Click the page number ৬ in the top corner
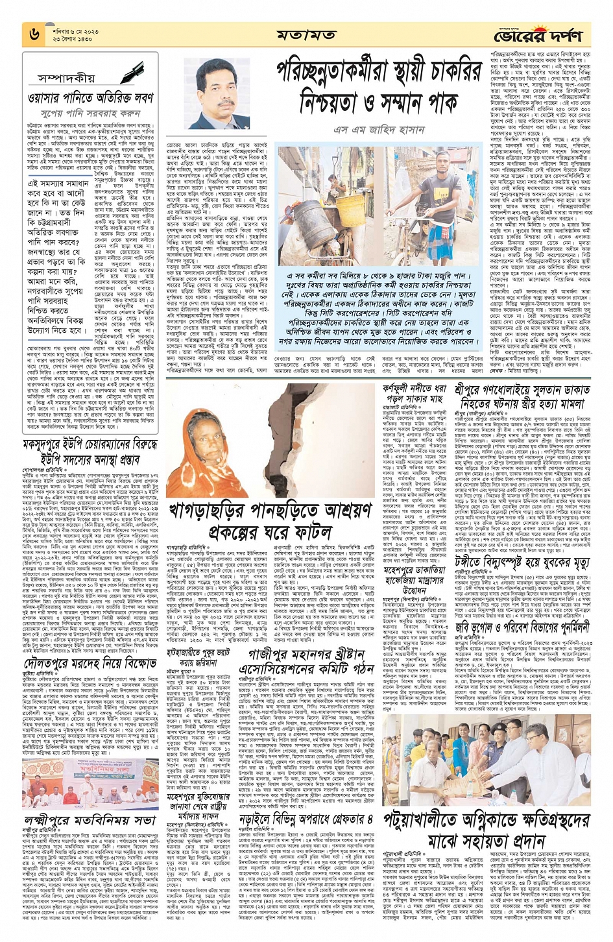click(x=34, y=34)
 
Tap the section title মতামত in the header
click(x=306, y=34)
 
